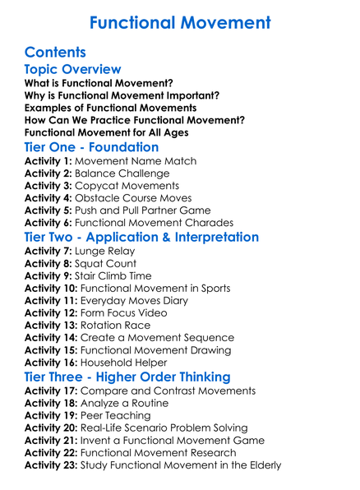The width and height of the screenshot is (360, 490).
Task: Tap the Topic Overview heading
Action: pos(72,70)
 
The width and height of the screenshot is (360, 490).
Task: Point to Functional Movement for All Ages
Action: pos(106,132)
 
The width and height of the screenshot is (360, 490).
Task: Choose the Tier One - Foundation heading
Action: pos(91,148)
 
